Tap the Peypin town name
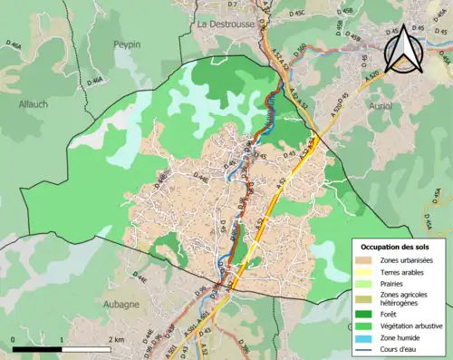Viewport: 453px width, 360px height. pos(130,44)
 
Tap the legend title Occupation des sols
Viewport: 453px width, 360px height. pos(396,247)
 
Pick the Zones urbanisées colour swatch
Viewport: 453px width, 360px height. pos(364,260)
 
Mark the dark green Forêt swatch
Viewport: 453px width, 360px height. pos(364,314)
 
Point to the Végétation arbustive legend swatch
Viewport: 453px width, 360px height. pos(364,326)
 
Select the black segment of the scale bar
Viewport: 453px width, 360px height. pos(37,348)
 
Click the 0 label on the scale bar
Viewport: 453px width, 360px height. pos(14,339)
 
